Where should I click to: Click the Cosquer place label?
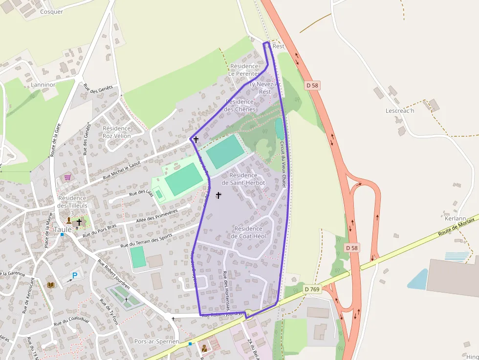pos(51,12)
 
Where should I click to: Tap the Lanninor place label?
pos(43,85)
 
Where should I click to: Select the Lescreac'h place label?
pos(400,110)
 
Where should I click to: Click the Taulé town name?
pos(63,229)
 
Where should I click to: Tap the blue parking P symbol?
pos(75,275)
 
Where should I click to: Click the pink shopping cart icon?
pos(67,177)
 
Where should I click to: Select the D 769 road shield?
pos(311,290)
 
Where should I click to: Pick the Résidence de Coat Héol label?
pos(248,233)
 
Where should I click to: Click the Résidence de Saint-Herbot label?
pos(243,179)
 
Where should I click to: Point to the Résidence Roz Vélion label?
pos(117,132)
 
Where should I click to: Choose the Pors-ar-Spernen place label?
pos(156,341)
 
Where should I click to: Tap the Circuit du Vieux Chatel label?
pos(283,164)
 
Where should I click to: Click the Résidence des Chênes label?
pos(239,106)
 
